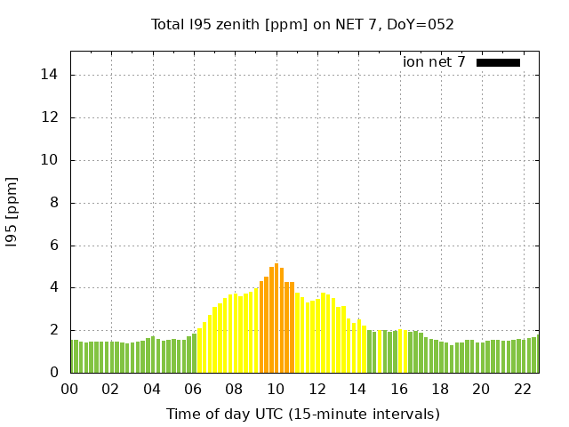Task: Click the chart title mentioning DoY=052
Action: [x=302, y=24]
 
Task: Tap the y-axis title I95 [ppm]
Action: [x=12, y=213]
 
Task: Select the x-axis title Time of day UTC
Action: [x=302, y=414]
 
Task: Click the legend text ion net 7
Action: [x=434, y=62]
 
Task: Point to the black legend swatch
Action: [x=498, y=62]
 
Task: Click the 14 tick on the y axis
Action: [x=50, y=75]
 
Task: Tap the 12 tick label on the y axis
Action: [x=50, y=117]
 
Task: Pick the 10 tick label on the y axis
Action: [x=50, y=160]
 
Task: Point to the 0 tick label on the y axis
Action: [x=53, y=373]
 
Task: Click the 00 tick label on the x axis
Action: [x=70, y=390]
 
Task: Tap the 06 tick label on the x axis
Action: [x=193, y=390]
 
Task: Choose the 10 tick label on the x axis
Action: [x=276, y=390]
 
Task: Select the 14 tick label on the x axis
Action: [x=357, y=390]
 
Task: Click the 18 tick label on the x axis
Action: [x=439, y=390]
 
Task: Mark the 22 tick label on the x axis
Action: [x=522, y=390]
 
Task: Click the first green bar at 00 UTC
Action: [x=73, y=357]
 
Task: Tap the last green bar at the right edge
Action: [x=535, y=355]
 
